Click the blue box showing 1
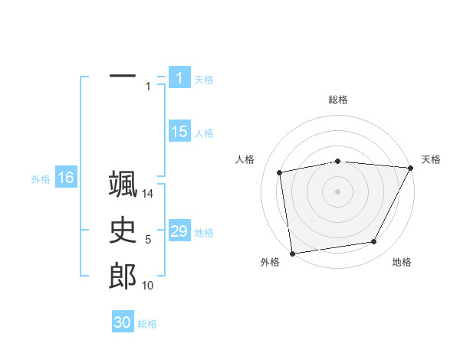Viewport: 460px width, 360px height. (179, 77)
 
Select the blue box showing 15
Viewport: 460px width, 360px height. (179, 132)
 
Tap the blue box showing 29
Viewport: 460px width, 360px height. (179, 231)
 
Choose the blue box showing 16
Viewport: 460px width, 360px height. (65, 178)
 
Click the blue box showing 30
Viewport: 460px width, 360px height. (122, 322)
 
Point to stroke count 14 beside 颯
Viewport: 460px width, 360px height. (148, 194)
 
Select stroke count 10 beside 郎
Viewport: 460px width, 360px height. (148, 286)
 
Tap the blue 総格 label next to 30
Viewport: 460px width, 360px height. (147, 324)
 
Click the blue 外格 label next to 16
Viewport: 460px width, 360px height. (41, 179)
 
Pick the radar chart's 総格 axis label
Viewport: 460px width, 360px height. (338, 100)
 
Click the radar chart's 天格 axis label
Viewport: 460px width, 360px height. (431, 159)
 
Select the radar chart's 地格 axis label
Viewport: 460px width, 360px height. (402, 262)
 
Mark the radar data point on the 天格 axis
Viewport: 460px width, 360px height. (411, 168)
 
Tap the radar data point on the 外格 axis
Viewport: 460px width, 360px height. (292, 253)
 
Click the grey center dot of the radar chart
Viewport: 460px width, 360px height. (338, 191)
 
